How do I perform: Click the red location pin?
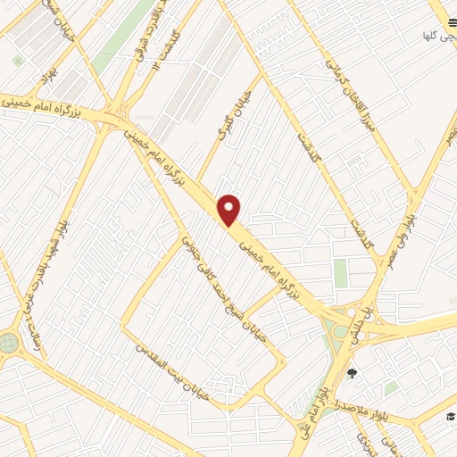click(x=229, y=210)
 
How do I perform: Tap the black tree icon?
click(x=353, y=373)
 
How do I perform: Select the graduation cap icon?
click(x=451, y=417)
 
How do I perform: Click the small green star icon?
click(x=17, y=61)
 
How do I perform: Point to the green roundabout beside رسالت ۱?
click(x=8, y=342)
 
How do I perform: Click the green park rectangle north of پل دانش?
click(x=340, y=273)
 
